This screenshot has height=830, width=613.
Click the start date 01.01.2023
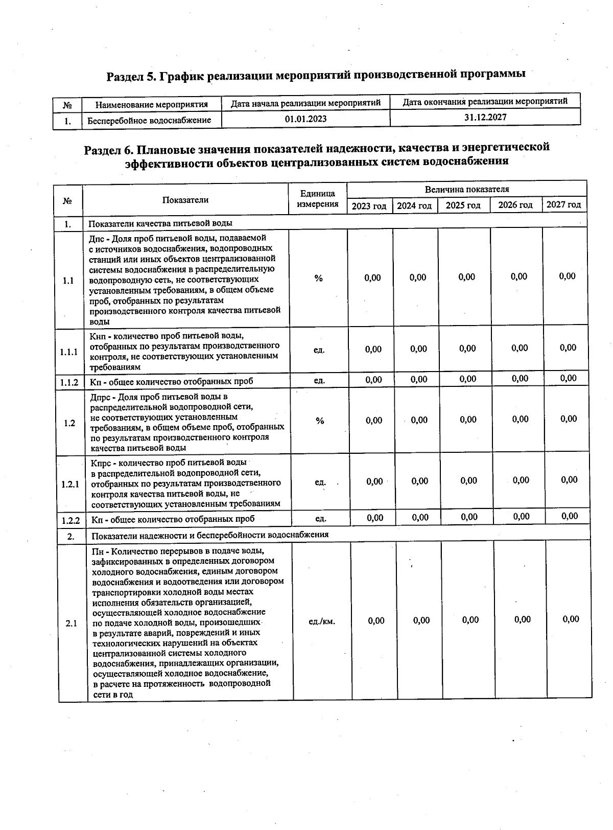pos(305,119)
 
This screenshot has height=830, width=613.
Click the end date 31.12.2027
pos(485,117)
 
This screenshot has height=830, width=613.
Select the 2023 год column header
pos(369,206)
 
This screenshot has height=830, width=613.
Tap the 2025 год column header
pos(463,205)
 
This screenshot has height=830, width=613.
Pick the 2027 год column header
pos(563,205)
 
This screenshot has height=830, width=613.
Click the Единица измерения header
pos(317,199)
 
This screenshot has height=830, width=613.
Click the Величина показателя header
pos(466,190)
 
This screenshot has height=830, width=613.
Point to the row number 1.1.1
pos(68,352)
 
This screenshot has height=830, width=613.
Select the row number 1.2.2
pos(70,521)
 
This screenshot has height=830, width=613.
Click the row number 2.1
pos(71,624)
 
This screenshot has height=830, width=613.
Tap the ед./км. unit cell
pos(322,622)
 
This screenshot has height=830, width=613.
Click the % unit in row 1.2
pos(320,421)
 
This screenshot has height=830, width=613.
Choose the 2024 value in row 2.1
pos(421,620)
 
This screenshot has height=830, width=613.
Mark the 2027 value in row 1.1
pos(567,276)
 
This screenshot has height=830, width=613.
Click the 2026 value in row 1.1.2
pos(520,379)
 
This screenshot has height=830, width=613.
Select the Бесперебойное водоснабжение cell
pos(149,121)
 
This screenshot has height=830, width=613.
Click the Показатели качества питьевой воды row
pos(160,224)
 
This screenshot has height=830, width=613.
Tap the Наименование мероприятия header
pos(152,105)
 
